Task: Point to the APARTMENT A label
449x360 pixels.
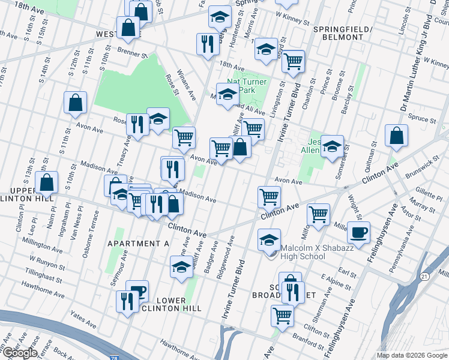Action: [138, 243]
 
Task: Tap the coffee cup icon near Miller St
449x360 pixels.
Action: [358, 233]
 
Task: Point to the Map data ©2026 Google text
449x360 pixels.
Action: [412, 355]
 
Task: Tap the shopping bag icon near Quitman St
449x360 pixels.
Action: [397, 136]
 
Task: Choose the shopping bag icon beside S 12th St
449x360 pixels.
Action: [76, 103]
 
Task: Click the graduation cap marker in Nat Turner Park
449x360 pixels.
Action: [228, 94]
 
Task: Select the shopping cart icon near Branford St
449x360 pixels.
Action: [282, 314]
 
